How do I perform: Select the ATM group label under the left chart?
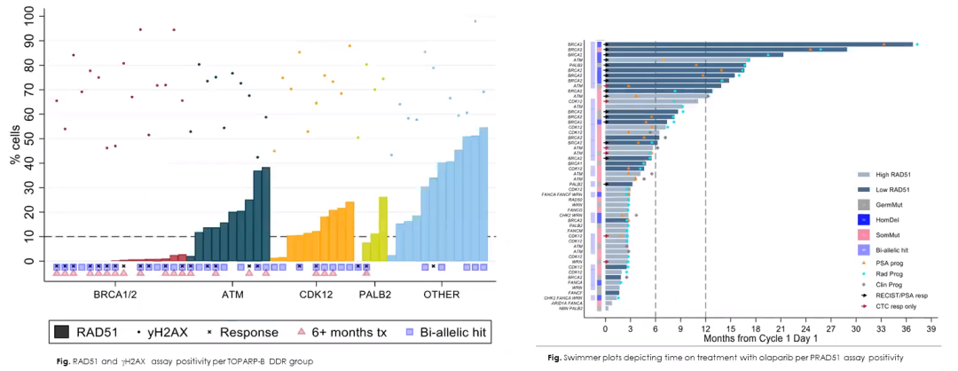232,294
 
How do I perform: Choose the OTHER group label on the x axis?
442,294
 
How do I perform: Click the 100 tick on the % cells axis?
32,16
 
